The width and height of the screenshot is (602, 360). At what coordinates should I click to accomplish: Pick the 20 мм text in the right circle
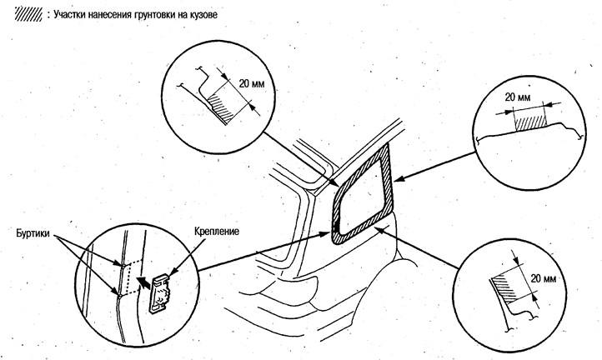point(519,98)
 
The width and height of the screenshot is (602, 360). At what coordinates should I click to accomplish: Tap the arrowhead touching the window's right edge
point(395,177)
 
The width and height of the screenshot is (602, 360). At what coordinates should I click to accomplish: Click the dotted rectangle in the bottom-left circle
point(127,279)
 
